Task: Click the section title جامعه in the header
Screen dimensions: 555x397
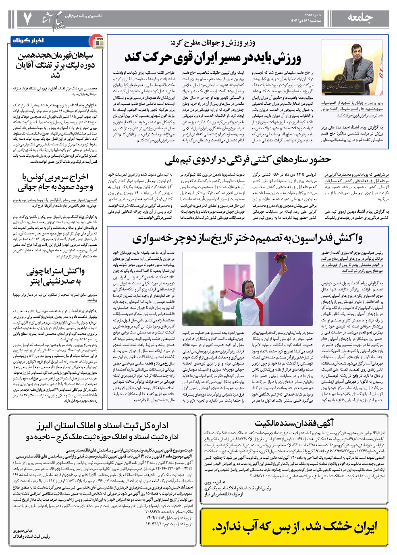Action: [360, 18]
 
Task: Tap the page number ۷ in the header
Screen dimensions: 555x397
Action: [27, 18]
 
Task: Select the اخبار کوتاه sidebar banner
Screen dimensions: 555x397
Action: [28, 41]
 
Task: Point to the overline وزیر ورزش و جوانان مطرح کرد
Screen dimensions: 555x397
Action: [212, 43]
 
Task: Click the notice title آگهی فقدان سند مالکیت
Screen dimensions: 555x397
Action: [294, 423]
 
